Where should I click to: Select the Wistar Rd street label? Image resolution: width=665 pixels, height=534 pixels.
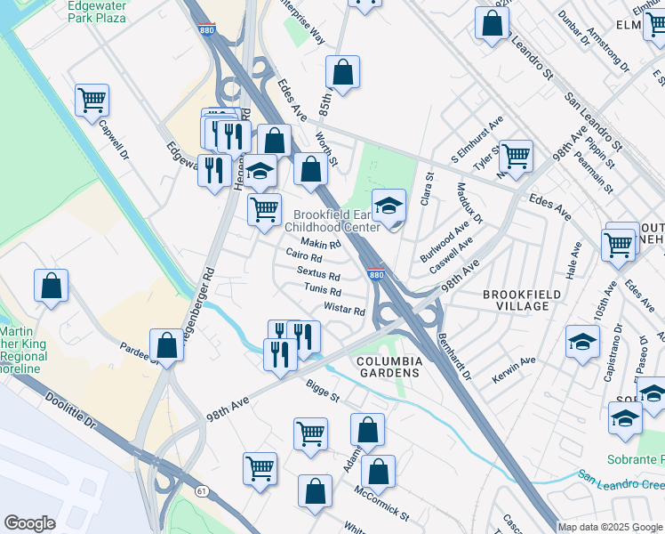point(345,310)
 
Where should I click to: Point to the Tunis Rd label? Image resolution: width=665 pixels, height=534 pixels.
point(323,291)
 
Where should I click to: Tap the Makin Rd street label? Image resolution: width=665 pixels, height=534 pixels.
point(321,243)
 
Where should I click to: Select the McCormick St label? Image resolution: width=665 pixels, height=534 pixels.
point(381,504)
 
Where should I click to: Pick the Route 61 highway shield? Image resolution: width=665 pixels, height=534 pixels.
point(203,490)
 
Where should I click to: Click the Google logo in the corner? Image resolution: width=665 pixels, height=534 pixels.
point(30,523)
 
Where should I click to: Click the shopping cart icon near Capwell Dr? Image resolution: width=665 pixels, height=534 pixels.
point(92,101)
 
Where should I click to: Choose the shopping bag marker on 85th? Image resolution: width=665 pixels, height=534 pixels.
point(341,73)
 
